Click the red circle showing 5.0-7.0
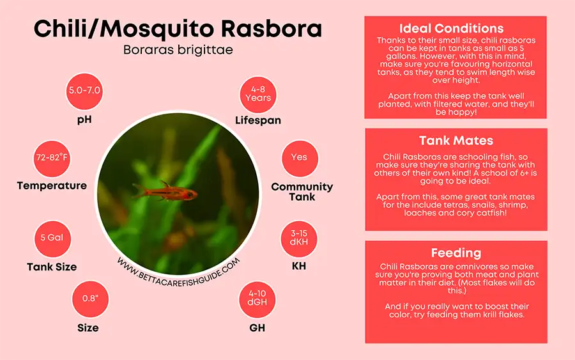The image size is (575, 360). coord(85,90)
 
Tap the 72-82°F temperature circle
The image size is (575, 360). coord(52,158)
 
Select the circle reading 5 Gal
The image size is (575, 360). coord(52,238)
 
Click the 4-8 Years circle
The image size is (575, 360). coord(257,93)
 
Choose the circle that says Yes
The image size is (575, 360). coord(299,157)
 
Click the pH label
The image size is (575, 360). coord(85,119)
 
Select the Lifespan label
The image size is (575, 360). coord(257,120)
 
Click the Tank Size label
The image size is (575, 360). coord(52,267)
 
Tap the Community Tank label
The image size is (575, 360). coord(302,191)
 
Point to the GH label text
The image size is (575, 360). coord(257,329)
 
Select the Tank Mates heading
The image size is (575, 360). coord(456,141)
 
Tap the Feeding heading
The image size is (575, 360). coord(456,253)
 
